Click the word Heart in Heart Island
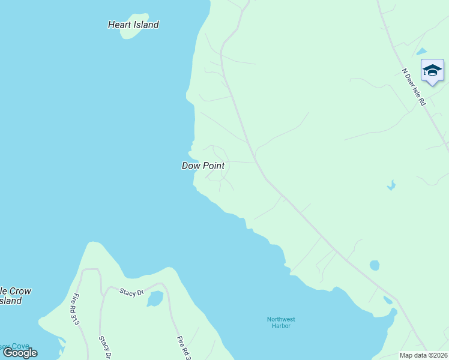tap(119, 25)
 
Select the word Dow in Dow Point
tap(191, 166)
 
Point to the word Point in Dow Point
tap(213, 166)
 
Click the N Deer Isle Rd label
tap(414, 88)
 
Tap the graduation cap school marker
tap(432, 71)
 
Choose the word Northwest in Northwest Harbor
tap(281, 319)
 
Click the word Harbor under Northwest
tap(281, 326)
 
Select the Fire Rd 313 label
tap(76, 308)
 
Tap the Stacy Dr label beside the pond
tap(132, 292)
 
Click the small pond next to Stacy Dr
tap(155, 298)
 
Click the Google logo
tap(20, 353)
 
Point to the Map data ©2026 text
tap(424, 355)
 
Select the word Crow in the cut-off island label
tap(21, 291)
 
